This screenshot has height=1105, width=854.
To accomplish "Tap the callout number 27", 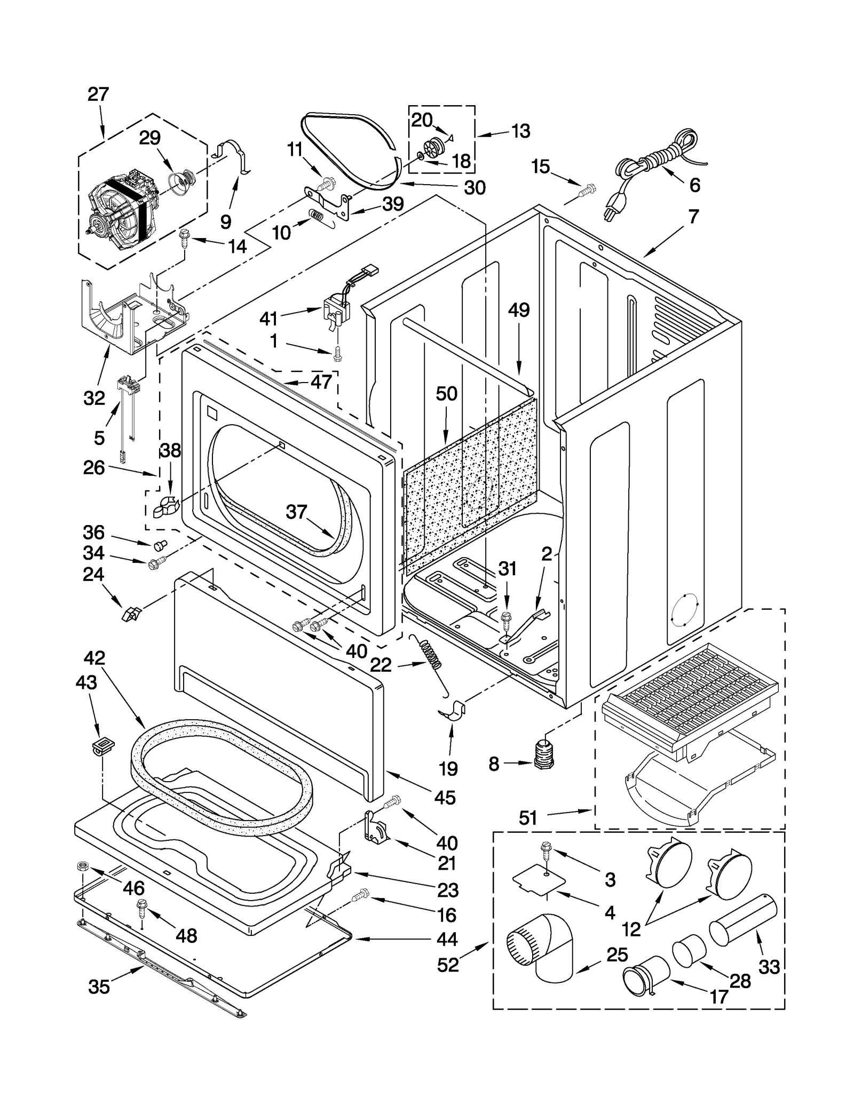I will tap(98, 94).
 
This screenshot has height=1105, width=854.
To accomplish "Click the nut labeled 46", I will tap(83, 865).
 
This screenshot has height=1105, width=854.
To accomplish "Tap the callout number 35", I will tap(99, 987).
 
